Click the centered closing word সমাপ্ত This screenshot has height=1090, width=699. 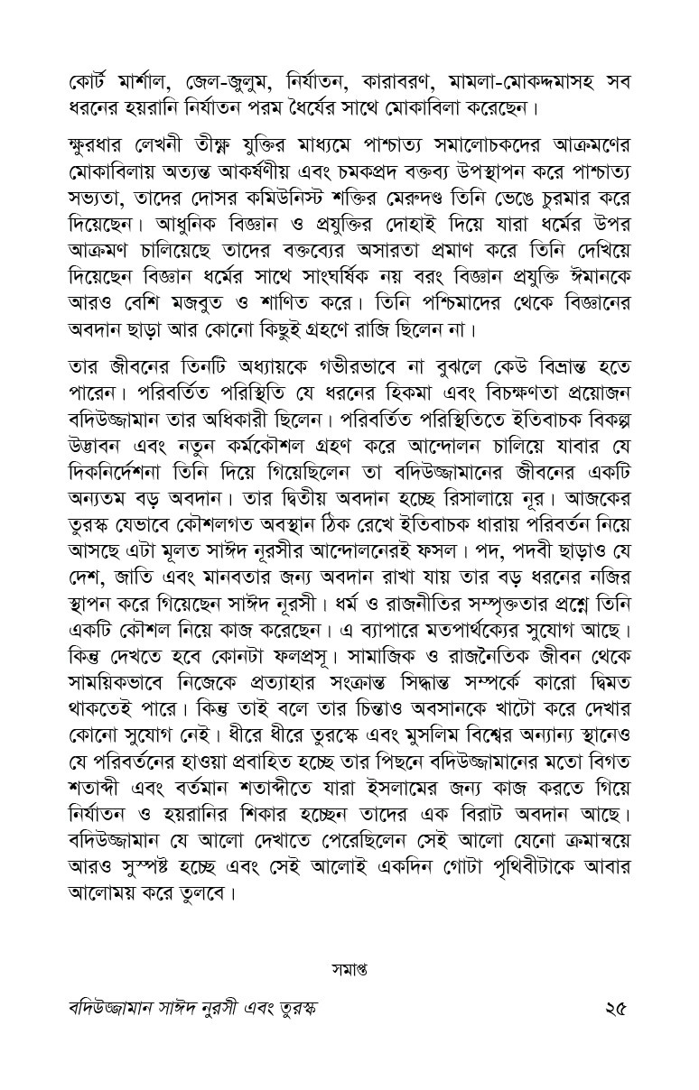click(349, 973)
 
